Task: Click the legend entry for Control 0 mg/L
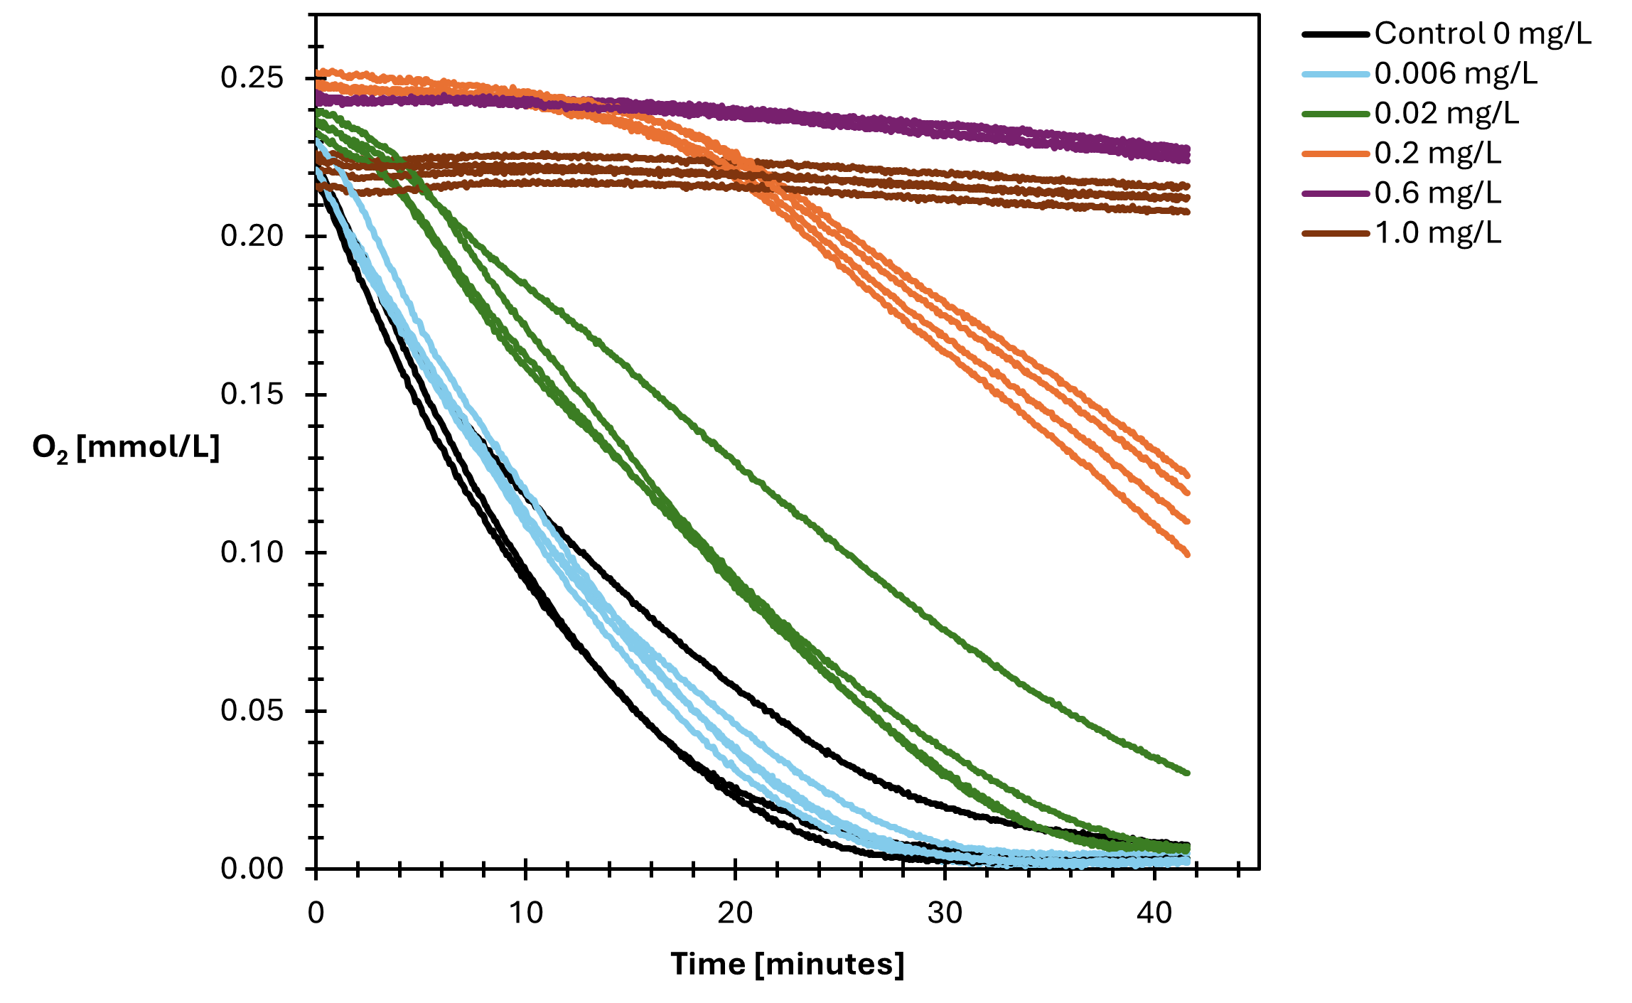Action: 1482,33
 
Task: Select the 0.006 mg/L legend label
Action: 1455,73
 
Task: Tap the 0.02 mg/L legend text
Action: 1446,113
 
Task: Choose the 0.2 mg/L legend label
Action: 1437,153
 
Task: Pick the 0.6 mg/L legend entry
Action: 1437,193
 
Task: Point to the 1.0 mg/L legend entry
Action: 1437,232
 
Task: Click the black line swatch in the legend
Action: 1336,34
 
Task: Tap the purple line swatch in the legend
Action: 1336,193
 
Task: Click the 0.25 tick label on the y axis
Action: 252,77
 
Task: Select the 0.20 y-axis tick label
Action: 252,235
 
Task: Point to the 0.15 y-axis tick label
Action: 252,394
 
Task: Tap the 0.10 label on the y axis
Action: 252,552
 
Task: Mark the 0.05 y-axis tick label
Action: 252,710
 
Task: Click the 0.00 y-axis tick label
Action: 252,868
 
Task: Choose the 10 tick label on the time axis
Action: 525,912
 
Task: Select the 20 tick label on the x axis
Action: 735,912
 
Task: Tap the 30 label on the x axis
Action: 945,912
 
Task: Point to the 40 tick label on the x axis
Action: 1154,912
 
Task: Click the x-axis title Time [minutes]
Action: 787,965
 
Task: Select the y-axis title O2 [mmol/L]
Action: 126,448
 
